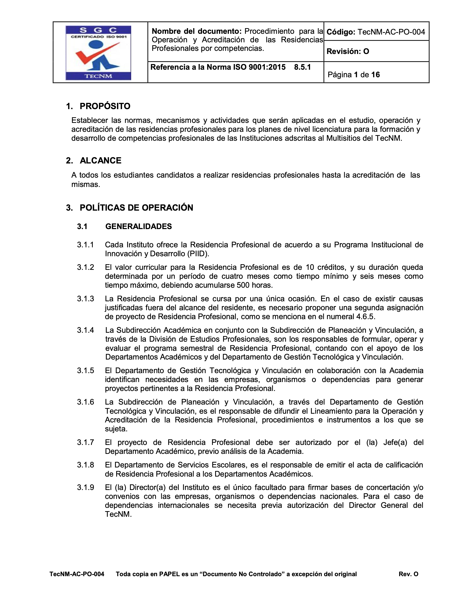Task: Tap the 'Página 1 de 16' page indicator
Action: tap(354, 75)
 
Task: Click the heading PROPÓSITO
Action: tap(105, 106)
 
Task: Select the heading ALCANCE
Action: tap(101, 161)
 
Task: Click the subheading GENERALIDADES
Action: tap(139, 226)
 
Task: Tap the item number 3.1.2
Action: tap(86, 267)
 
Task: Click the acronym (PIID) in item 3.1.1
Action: tap(198, 254)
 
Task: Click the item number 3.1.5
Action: tap(86, 371)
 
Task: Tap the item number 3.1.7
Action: tap(86, 442)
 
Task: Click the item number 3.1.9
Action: tap(86, 487)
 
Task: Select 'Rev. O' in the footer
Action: tap(408, 574)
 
